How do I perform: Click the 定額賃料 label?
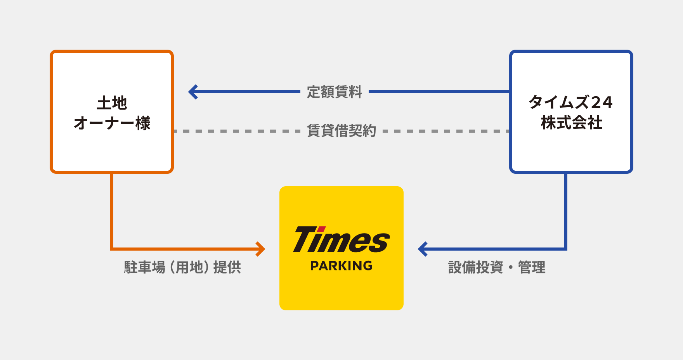(334, 92)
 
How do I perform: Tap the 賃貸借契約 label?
(341, 131)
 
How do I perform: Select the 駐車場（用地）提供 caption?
(182, 267)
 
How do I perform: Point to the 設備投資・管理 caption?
(497, 267)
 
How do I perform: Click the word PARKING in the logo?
(341, 266)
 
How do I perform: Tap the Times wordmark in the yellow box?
(341, 240)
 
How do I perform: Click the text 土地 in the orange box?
(112, 103)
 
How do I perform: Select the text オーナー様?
(112, 123)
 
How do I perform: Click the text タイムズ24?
(570, 102)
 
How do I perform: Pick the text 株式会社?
(571, 123)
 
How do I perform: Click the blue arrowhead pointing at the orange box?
(192, 92)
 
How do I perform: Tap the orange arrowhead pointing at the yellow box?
(260, 249)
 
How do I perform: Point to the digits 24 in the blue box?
(602, 102)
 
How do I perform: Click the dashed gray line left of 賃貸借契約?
(237, 131)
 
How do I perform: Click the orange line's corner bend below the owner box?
(112, 249)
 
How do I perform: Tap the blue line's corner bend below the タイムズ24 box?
(566, 249)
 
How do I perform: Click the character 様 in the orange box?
(143, 123)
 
